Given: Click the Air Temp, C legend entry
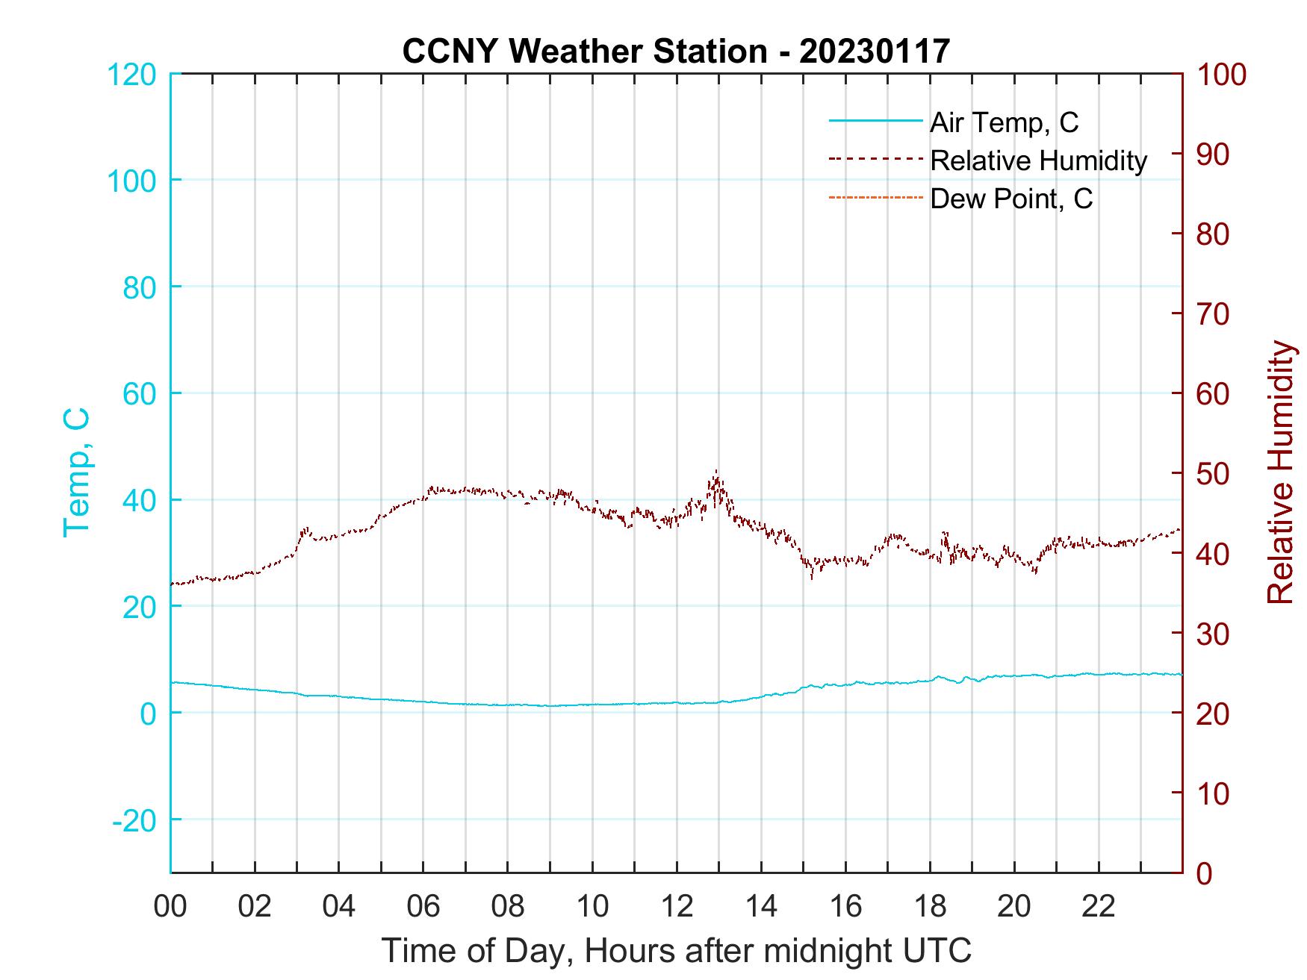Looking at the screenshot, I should [x=1003, y=122].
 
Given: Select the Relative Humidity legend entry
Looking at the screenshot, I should [x=1037, y=160].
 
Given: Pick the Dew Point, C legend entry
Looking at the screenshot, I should [x=1010, y=199].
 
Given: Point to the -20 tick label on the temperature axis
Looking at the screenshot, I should [x=134, y=820].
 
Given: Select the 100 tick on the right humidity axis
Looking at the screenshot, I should [x=1221, y=75].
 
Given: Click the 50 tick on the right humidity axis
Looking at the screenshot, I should [x=1213, y=474].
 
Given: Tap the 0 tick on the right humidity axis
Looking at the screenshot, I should [x=1204, y=873].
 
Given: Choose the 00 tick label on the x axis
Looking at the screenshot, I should [x=170, y=907].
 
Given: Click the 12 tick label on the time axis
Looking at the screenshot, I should [x=677, y=907].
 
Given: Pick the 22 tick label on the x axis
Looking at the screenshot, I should [x=1099, y=907].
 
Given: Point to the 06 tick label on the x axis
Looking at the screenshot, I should [x=423, y=907].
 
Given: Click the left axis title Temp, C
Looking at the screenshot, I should [x=77, y=472].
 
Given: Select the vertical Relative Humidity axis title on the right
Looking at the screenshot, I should [x=1280, y=472].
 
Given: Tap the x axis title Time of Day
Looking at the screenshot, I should [x=677, y=951].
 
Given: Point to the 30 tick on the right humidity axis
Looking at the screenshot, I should [x=1213, y=634].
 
